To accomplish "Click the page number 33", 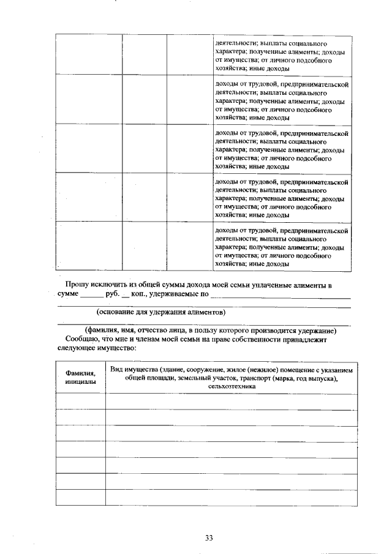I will coord(208,538).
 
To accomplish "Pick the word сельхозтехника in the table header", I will coord(231,387).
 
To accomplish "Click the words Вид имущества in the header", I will coord(133,370).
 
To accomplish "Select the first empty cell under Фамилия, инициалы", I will coord(80,402).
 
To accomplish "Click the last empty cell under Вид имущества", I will coord(231,498).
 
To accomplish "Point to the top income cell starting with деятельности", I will coord(282,57).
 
